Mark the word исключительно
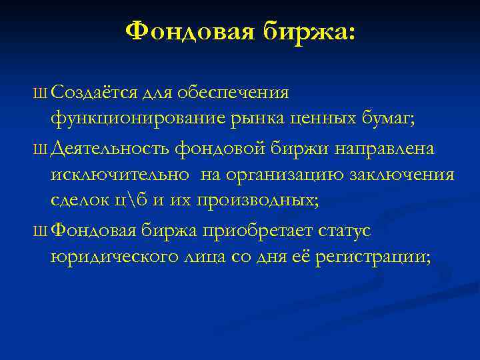[118, 175]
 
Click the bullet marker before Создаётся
[43, 91]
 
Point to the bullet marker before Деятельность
[43, 149]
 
